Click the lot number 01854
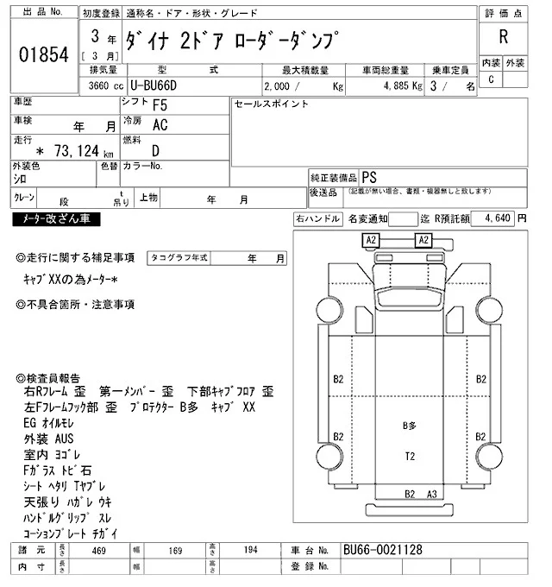point(42,54)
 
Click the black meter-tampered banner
point(56,220)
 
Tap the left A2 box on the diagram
point(371,239)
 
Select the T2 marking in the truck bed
point(410,455)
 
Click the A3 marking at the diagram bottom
point(432,495)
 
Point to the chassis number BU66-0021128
point(384,550)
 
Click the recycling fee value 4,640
point(499,219)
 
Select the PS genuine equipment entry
point(369,175)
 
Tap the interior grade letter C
point(491,79)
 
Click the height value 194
point(251,550)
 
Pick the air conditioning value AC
point(160,125)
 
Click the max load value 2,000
point(280,86)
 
